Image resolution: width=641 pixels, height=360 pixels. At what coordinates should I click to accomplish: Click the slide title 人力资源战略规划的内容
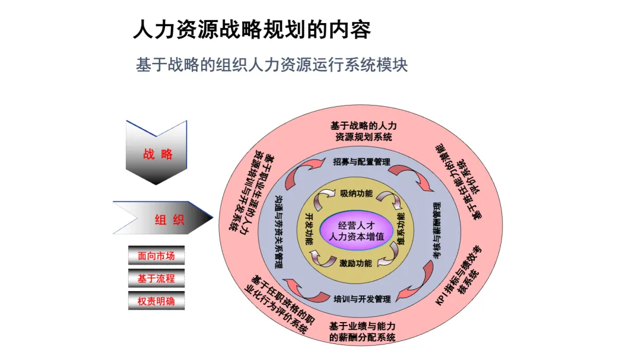pyautogui.click(x=252, y=30)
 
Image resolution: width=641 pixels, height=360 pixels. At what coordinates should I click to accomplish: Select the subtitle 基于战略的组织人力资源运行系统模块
pyautogui.click(x=272, y=65)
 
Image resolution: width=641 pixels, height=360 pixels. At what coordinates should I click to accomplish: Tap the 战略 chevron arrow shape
pyautogui.click(x=157, y=154)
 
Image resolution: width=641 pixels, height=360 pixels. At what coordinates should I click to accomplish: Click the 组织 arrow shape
pyautogui.click(x=163, y=219)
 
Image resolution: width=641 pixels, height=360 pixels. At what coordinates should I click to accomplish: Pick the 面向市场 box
pyautogui.click(x=156, y=256)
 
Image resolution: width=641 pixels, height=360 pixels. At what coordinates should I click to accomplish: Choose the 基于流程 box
pyautogui.click(x=156, y=278)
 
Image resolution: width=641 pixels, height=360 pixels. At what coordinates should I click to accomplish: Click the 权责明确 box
pyautogui.click(x=156, y=300)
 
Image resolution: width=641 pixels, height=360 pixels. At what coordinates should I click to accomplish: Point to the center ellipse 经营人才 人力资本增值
pyautogui.click(x=356, y=230)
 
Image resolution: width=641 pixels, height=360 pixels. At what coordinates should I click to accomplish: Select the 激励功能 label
pyautogui.click(x=356, y=263)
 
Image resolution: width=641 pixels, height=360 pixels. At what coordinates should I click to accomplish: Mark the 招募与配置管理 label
pyautogui.click(x=361, y=161)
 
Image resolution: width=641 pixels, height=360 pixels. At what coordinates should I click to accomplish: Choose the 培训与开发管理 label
pyautogui.click(x=361, y=299)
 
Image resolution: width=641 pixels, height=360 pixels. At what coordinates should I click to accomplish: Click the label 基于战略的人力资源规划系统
pyautogui.click(x=363, y=131)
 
